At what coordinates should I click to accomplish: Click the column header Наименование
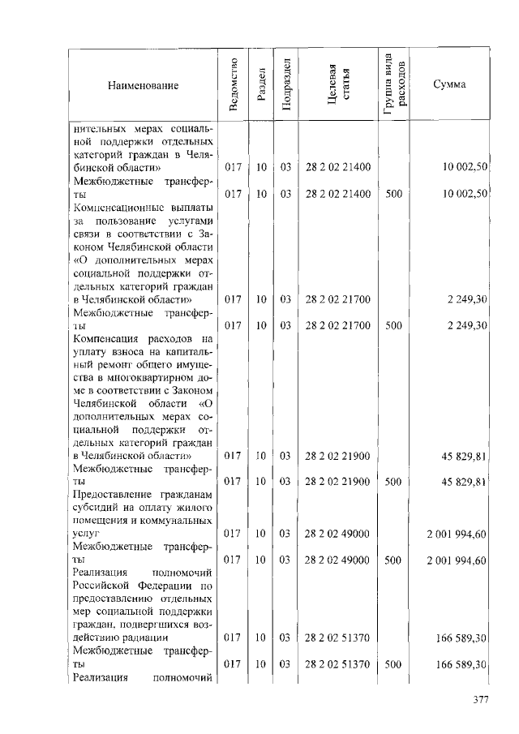pyautogui.click(x=142, y=85)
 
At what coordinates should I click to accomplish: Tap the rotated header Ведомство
pyautogui.click(x=234, y=85)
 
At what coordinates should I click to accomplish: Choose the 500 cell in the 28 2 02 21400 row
pyautogui.click(x=393, y=194)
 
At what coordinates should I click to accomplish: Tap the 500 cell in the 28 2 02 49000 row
pyautogui.click(x=393, y=560)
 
